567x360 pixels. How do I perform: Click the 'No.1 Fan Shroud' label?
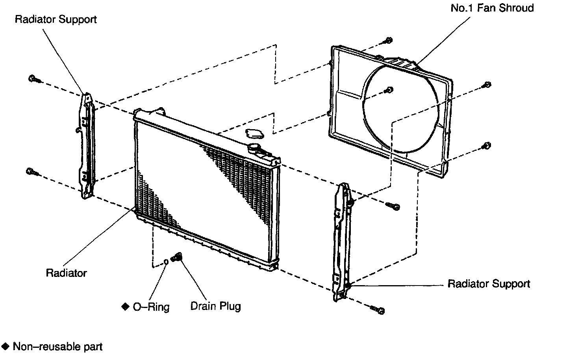pyautogui.click(x=492, y=8)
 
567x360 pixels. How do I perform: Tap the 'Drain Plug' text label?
pyautogui.click(x=215, y=306)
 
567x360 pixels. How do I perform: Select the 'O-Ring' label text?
pyautogui.click(x=151, y=307)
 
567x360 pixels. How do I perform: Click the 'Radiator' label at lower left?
pyautogui.click(x=66, y=273)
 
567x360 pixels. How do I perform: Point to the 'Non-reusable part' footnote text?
pyautogui.click(x=57, y=347)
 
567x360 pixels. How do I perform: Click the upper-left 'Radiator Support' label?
pyautogui.click(x=56, y=19)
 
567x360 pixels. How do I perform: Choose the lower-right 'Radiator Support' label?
pyautogui.click(x=489, y=284)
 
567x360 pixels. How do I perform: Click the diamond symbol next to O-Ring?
pyautogui.click(x=125, y=306)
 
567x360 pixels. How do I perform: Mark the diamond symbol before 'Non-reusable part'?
pyautogui.click(x=6, y=347)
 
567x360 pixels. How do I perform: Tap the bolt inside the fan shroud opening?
pyautogui.click(x=389, y=90)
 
